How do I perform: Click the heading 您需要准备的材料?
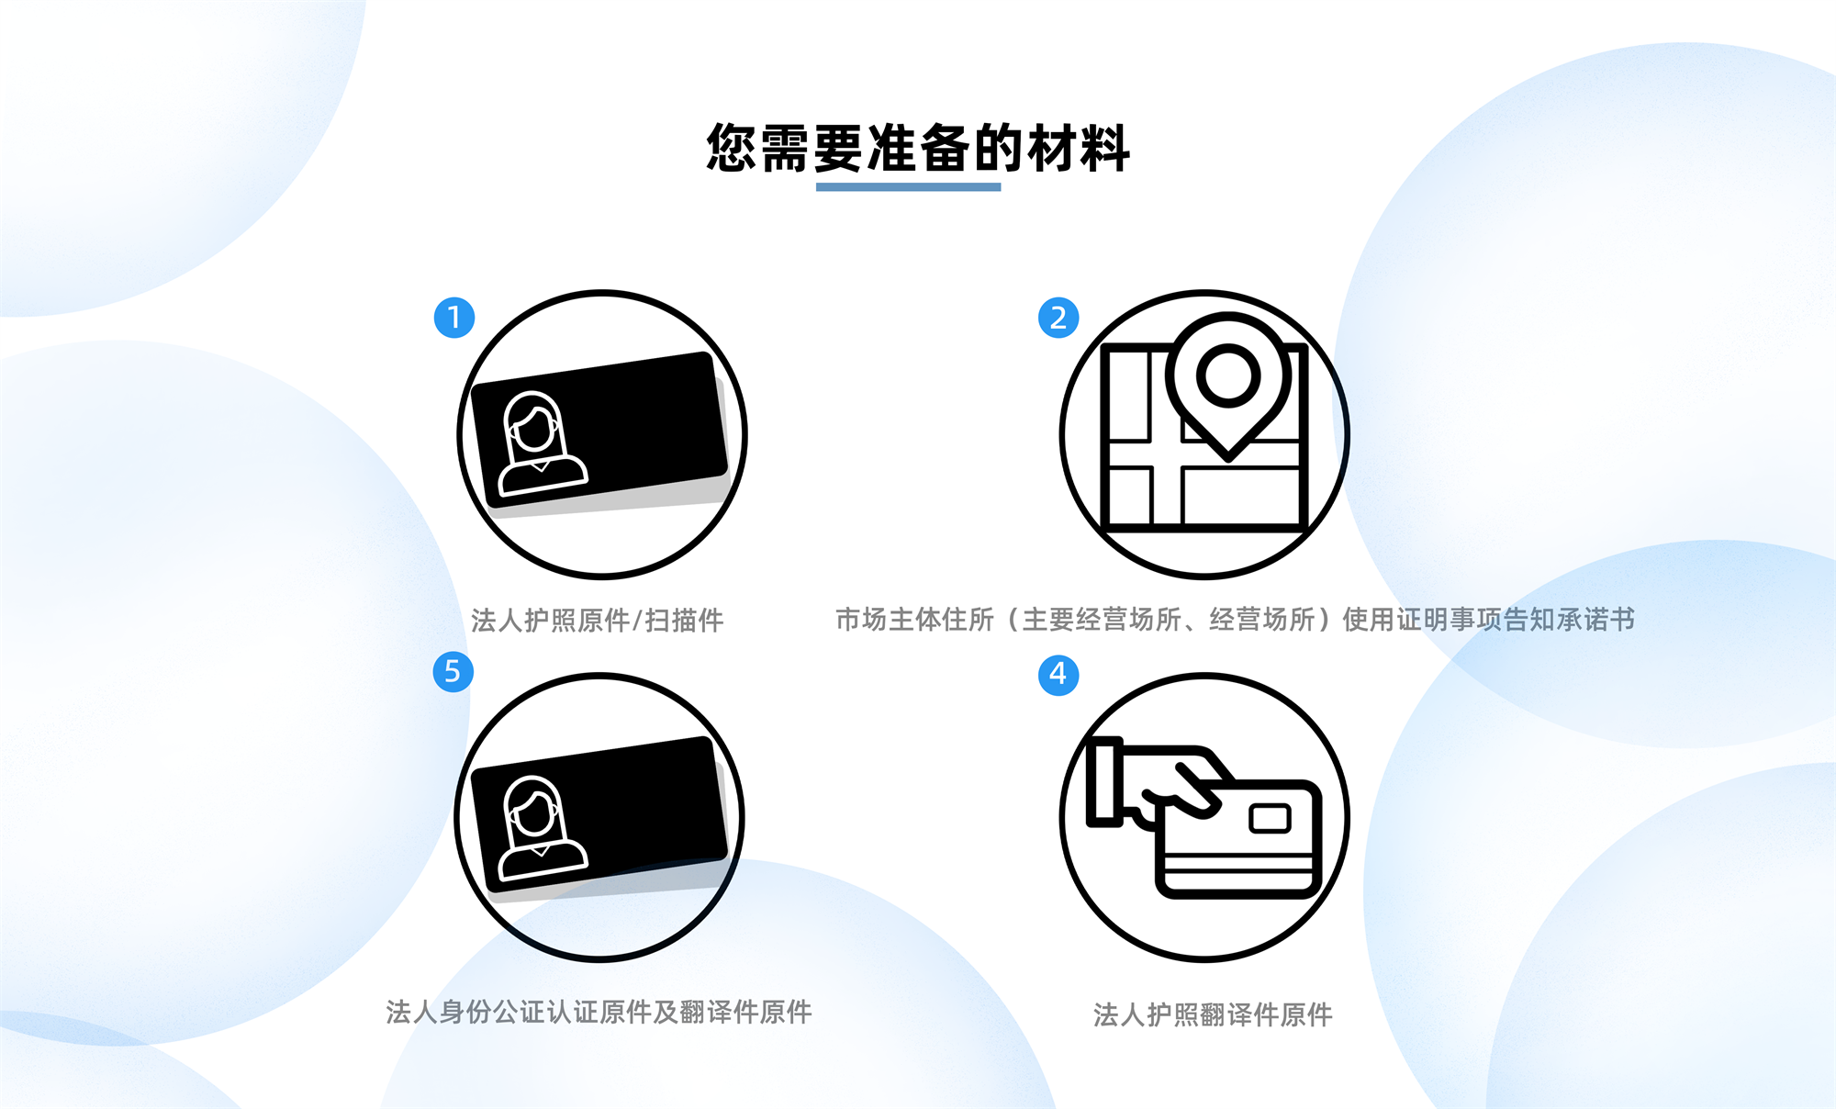click(918, 148)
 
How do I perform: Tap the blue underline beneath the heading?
click(909, 187)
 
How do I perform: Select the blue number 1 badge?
click(454, 318)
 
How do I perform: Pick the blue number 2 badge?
click(1058, 318)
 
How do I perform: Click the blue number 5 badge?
click(453, 671)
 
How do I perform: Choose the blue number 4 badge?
click(1058, 675)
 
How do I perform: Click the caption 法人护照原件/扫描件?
click(598, 621)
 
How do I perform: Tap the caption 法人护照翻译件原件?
click(1213, 1014)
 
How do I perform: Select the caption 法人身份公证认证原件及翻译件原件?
click(599, 1012)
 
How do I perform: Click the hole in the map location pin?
click(1228, 375)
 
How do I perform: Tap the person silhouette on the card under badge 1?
click(542, 443)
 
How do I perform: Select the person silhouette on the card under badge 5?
click(542, 828)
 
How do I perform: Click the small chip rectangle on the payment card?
click(1271, 817)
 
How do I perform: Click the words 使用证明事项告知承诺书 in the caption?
click(1488, 620)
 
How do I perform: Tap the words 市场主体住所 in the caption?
click(914, 620)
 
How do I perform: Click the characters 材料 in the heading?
click(1079, 148)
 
